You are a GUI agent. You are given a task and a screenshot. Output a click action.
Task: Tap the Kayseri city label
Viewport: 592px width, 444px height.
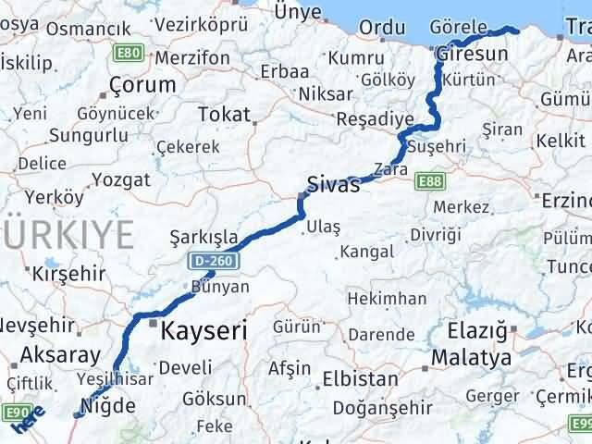[204, 329]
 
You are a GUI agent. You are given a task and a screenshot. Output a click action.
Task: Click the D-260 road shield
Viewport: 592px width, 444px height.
[214, 263]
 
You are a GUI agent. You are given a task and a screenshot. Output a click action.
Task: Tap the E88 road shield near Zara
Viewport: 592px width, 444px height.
[428, 181]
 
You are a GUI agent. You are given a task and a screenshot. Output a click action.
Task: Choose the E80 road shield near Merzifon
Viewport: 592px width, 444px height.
[129, 54]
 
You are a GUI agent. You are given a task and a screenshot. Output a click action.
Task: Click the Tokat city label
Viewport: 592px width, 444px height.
[224, 115]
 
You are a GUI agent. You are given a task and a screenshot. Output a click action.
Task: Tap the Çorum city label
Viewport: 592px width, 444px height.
[142, 85]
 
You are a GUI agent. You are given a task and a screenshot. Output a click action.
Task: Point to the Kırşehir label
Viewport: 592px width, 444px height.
[65, 276]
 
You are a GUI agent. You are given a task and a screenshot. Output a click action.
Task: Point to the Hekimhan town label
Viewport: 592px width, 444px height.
[387, 299]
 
